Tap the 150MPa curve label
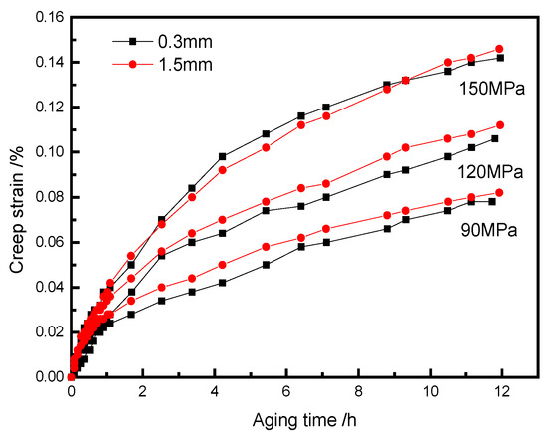(x=486, y=88)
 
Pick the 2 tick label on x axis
(x=142, y=393)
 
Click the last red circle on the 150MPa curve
(x=499, y=48)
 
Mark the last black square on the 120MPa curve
(x=494, y=138)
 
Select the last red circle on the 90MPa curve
(x=499, y=192)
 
